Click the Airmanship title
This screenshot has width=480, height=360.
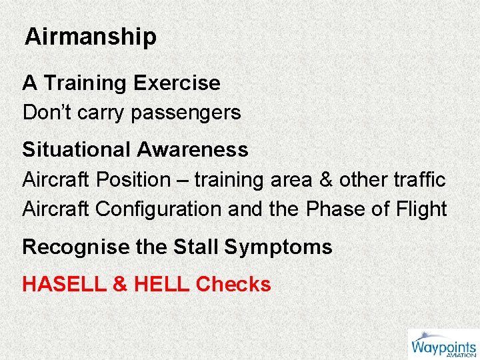[x=91, y=37]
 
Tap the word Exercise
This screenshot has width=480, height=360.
[x=177, y=83]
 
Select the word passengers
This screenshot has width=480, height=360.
[x=186, y=113]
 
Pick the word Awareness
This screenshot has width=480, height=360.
[x=193, y=150]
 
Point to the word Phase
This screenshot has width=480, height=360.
[x=332, y=209]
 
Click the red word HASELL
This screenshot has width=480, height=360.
[x=63, y=285]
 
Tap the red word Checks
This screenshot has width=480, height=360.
[x=233, y=285]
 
